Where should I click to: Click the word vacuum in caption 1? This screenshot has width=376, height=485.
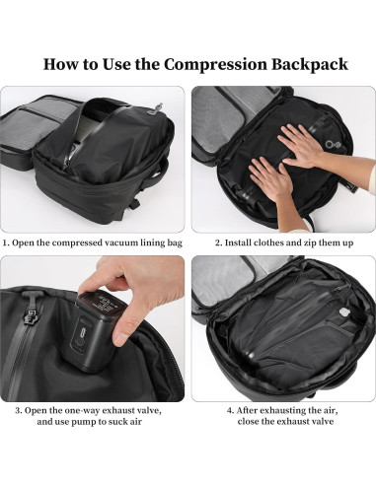[x=119, y=240]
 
